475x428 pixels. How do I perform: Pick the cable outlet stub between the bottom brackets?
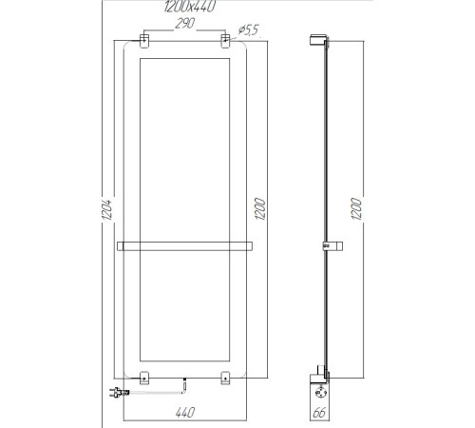tap(182, 384)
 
